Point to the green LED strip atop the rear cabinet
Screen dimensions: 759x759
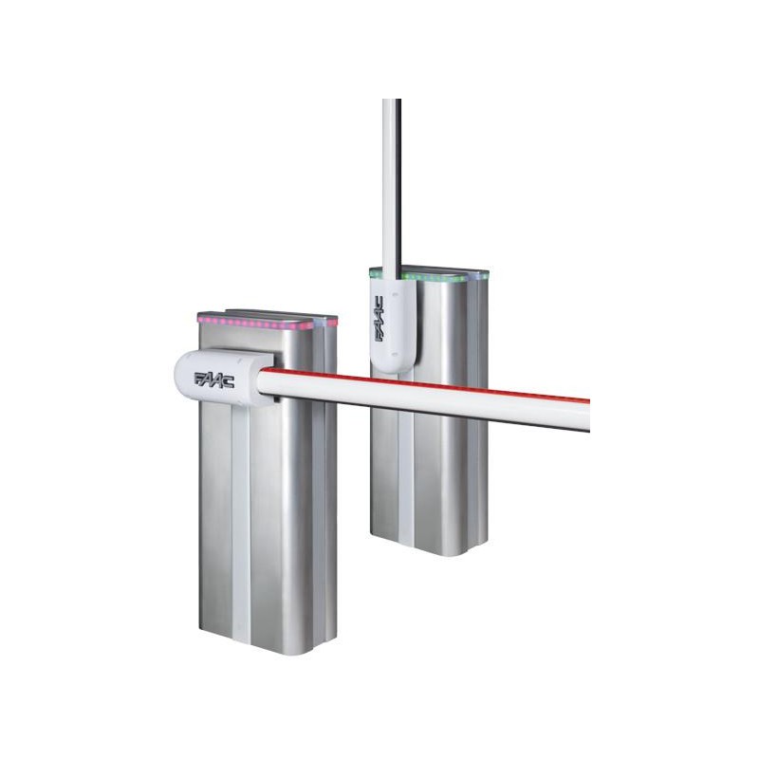pyautogui.click(x=441, y=277)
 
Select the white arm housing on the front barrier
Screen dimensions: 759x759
pyautogui.click(x=218, y=378)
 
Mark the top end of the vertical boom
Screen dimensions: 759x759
pyautogui.click(x=391, y=102)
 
